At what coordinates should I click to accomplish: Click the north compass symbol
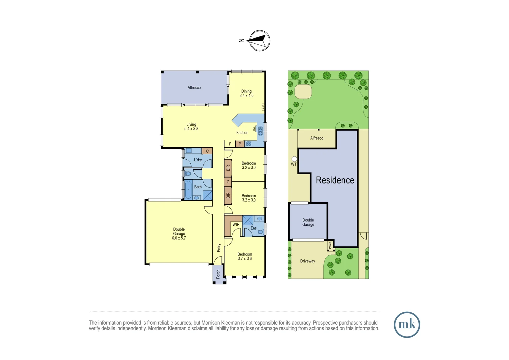259,41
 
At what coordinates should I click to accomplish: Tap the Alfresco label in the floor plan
194,88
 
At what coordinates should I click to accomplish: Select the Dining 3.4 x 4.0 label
246,93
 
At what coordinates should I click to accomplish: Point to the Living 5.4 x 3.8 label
191,127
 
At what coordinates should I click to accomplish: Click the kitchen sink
261,131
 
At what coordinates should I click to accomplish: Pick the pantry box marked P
240,144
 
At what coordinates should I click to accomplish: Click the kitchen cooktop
249,144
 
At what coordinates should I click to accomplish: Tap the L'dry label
198,160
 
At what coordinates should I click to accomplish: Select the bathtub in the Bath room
188,190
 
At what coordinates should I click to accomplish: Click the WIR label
236,224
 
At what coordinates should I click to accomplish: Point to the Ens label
254,228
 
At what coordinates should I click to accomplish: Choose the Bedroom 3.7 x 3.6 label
245,256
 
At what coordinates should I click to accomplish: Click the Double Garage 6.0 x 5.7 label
179,234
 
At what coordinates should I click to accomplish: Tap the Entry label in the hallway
219,248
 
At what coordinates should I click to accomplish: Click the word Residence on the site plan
335,180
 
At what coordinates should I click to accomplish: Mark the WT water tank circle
294,159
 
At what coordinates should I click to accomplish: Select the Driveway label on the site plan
307,261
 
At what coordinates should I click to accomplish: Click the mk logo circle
407,325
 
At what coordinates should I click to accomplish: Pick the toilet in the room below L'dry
188,174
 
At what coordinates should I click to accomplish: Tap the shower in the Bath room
208,195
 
